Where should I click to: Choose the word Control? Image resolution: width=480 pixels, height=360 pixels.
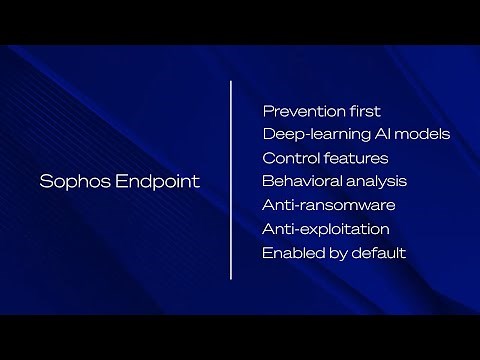click(289, 158)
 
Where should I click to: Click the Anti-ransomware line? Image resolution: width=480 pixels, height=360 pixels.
click(329, 205)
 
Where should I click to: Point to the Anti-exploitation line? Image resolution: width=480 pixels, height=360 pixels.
click(326, 229)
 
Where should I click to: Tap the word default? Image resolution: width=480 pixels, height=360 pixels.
click(380, 253)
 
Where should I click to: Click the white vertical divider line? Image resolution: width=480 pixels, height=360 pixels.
click(231, 180)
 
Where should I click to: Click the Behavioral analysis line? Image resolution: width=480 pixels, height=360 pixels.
click(334, 181)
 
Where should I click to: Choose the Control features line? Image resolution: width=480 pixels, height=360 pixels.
click(325, 158)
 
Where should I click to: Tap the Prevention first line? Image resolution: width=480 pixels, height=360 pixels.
click(321, 111)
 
